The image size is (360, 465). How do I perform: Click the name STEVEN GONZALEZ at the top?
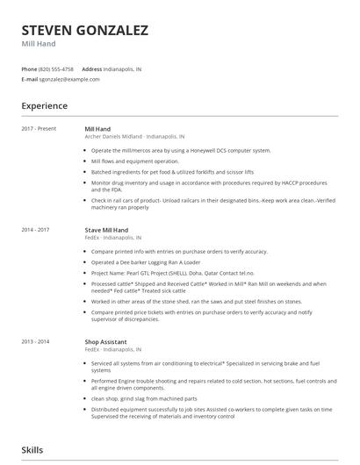[x=84, y=31]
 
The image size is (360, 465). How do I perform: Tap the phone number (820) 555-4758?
[x=57, y=68]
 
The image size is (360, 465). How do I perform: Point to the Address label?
[x=91, y=68]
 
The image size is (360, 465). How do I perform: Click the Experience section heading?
[x=45, y=106]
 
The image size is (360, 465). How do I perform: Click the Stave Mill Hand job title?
[x=106, y=230]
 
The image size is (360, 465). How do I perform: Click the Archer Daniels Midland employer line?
[x=134, y=137]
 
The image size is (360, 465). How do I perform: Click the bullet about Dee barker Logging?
[x=146, y=261]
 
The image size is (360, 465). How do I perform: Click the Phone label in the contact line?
[x=29, y=68]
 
